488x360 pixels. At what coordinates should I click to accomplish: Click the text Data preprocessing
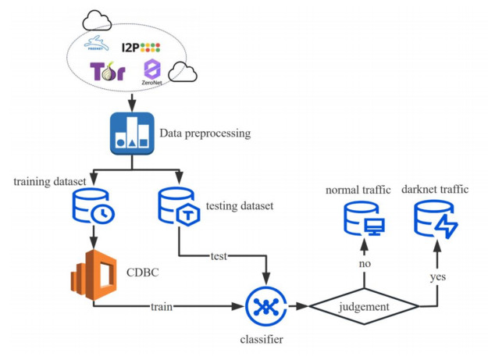pos(205,134)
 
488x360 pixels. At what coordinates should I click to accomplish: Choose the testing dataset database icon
pos(180,205)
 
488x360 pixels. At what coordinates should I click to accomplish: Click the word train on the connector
pos(163,306)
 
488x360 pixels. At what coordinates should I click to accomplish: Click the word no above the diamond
pos(365,264)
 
